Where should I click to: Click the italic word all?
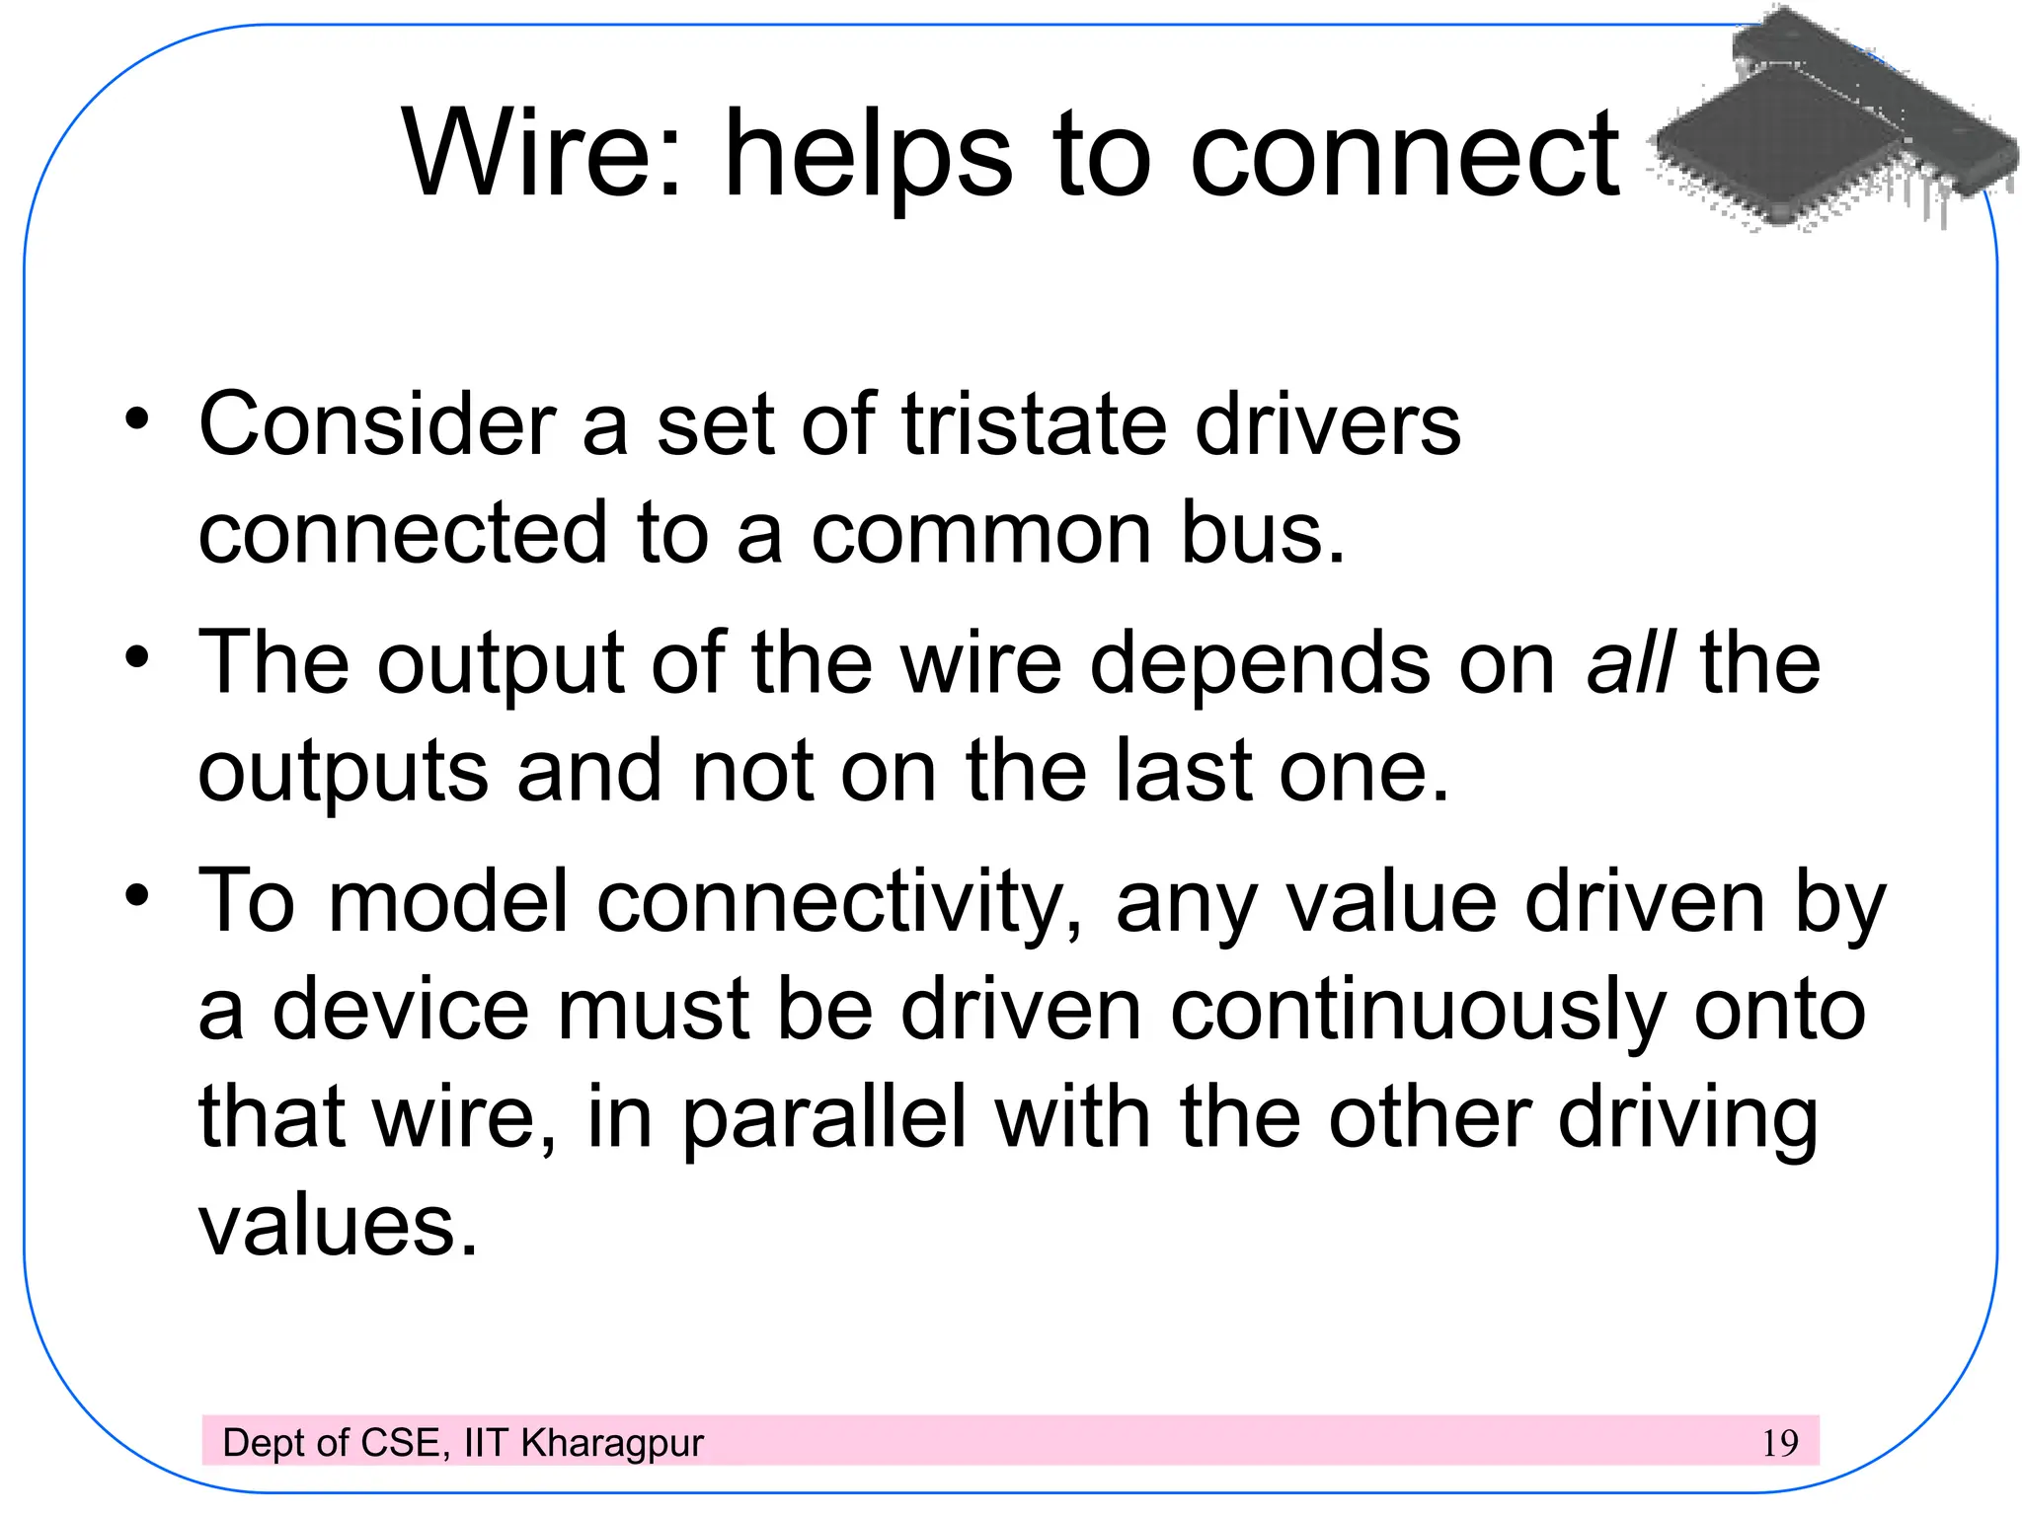pyautogui.click(x=1629, y=662)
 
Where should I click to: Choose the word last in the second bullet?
pyautogui.click(x=1184, y=771)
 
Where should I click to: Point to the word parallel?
pyautogui.click(x=824, y=1119)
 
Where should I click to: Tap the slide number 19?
pyautogui.click(x=1780, y=1443)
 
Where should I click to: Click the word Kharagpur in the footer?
pyautogui.click(x=612, y=1444)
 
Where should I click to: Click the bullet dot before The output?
pyautogui.click(x=137, y=657)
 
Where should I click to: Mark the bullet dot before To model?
pyautogui.click(x=137, y=896)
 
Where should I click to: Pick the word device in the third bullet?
pyautogui.click(x=400, y=1011)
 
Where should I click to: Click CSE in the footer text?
pyautogui.click(x=400, y=1443)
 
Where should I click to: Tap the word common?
pyautogui.click(x=981, y=533)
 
